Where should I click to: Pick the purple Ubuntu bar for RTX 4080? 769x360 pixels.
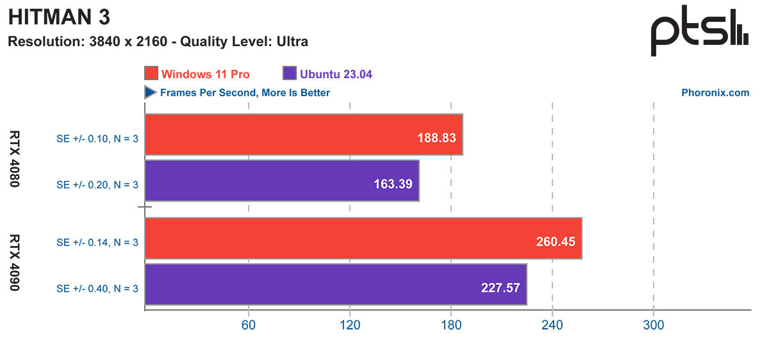(282, 181)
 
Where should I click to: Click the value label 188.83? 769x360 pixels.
(435, 137)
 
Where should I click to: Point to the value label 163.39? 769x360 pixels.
(393, 183)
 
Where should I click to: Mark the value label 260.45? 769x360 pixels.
(555, 241)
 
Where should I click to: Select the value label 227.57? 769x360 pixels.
(500, 288)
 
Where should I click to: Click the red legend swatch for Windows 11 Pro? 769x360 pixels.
(151, 74)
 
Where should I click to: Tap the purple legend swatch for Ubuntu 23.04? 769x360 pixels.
(288, 74)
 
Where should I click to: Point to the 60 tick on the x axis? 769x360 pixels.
(248, 325)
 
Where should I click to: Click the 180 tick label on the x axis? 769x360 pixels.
(451, 325)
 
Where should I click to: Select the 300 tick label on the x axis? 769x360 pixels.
(653, 325)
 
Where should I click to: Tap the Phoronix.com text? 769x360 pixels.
(715, 93)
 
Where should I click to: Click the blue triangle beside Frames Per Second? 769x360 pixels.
(151, 93)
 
